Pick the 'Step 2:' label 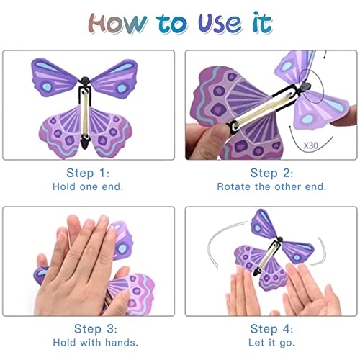271,173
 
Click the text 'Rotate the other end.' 271,186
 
